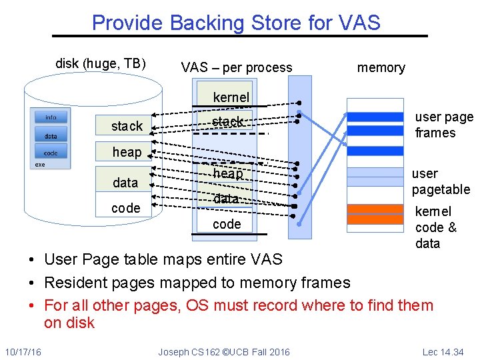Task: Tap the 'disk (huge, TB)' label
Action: pyautogui.click(x=100, y=64)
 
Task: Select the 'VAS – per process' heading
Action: pyautogui.click(x=237, y=67)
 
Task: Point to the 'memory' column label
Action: pyautogui.click(x=381, y=67)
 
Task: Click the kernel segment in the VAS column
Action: pyautogui.click(x=231, y=97)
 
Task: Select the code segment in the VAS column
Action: pyautogui.click(x=227, y=224)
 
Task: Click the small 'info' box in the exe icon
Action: pyautogui.click(x=51, y=118)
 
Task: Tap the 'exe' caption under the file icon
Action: pyautogui.click(x=40, y=164)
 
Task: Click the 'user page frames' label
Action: pyautogui.click(x=443, y=125)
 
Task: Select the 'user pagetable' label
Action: pyautogui.click(x=441, y=181)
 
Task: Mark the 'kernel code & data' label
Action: pyautogui.click(x=436, y=227)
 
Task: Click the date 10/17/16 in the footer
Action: pyautogui.click(x=22, y=352)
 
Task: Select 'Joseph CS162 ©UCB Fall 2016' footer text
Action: pyautogui.click(x=224, y=352)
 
